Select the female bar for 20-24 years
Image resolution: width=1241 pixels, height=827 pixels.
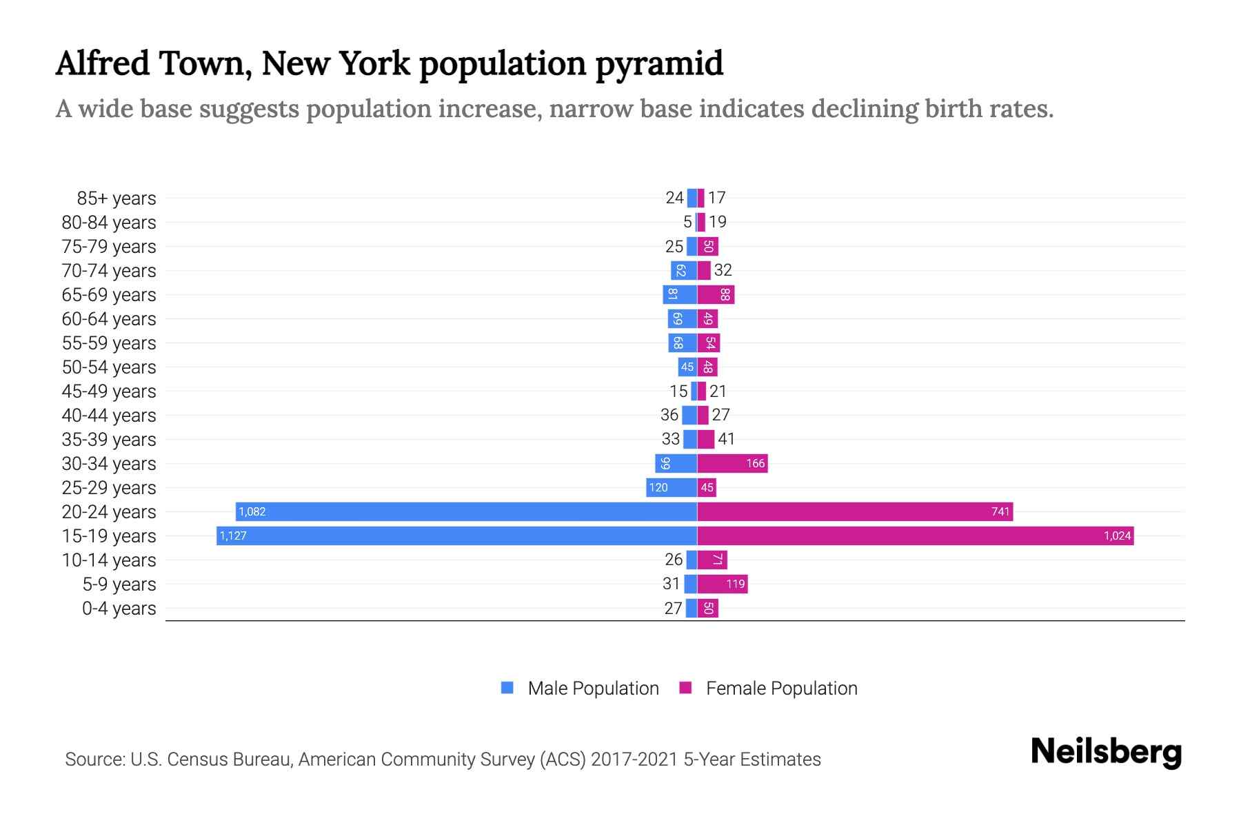coord(855,512)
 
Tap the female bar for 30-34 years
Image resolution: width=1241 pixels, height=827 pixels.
coord(732,464)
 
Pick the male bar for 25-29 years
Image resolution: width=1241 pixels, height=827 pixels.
coord(672,488)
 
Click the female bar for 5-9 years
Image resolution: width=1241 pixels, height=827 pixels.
coord(722,584)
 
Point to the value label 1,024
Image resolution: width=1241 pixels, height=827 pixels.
coord(1117,536)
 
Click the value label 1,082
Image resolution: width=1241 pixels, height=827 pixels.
coord(252,512)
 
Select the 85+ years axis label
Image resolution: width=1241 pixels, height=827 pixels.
coord(117,198)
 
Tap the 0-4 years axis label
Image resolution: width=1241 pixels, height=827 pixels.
coord(119,609)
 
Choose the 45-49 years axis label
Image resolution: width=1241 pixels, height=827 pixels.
coord(109,391)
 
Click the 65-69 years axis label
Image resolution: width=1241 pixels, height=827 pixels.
coord(109,295)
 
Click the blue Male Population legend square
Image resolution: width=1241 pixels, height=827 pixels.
coord(507,688)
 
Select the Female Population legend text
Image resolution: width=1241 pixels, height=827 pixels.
coord(781,688)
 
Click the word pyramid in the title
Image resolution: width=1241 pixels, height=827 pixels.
coord(659,64)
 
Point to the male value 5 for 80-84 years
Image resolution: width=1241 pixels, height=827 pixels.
coord(687,222)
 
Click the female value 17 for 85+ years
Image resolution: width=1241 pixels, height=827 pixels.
coord(716,198)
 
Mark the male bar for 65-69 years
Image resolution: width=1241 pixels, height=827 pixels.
coord(680,295)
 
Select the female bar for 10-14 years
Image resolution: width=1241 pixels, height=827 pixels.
coord(712,560)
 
